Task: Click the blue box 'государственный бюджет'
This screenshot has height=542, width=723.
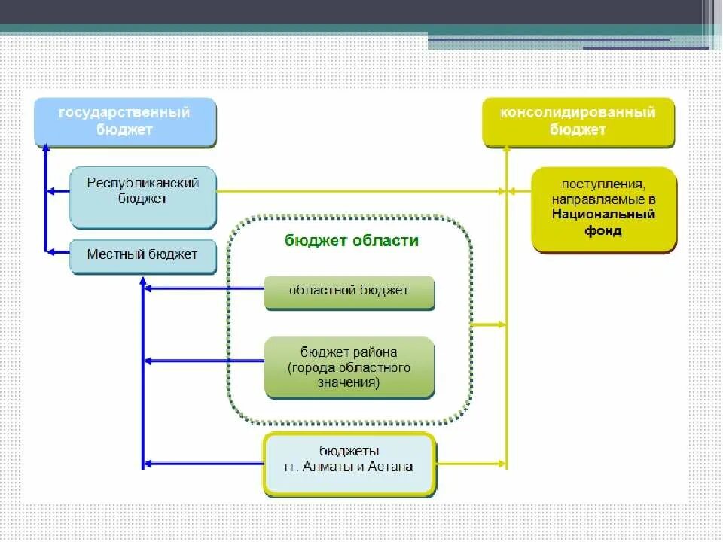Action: tap(125, 121)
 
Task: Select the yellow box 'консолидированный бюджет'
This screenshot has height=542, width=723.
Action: tap(578, 121)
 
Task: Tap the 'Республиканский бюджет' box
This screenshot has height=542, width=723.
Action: tap(142, 196)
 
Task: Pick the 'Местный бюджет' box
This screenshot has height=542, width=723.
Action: tap(142, 255)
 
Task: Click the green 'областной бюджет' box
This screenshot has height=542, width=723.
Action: tap(349, 291)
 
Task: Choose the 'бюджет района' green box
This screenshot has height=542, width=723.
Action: tap(349, 367)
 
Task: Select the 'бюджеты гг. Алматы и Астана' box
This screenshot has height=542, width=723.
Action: tap(349, 462)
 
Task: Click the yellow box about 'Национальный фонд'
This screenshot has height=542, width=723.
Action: tap(604, 209)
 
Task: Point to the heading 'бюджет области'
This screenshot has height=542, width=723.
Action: tap(352, 241)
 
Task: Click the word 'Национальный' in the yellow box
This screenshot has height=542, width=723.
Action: tap(603, 215)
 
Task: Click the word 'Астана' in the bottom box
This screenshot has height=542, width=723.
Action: tap(392, 467)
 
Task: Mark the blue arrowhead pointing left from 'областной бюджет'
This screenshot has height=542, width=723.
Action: tap(147, 288)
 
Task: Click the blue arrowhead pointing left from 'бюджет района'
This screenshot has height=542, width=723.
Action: tap(147, 361)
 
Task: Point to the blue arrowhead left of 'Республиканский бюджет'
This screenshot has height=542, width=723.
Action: tap(50, 192)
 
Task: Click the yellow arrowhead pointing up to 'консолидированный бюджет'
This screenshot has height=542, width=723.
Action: tap(507, 151)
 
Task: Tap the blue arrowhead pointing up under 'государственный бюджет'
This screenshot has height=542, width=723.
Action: tap(45, 150)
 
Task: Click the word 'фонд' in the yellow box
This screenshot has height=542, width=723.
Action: tap(603, 231)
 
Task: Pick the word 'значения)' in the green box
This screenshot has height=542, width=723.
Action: tap(349, 383)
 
